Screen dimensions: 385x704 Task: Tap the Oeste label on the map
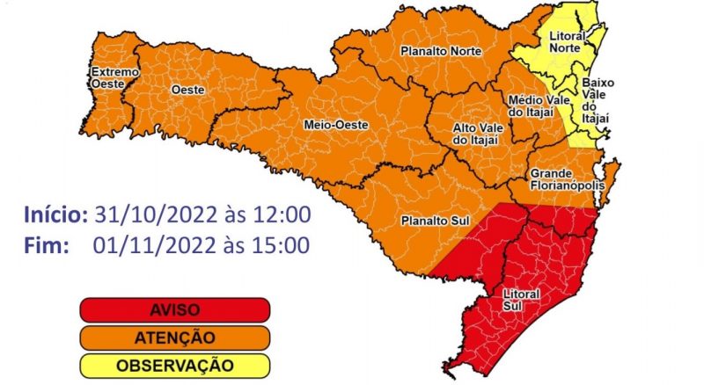187,90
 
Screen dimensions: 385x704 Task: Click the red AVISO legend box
174,310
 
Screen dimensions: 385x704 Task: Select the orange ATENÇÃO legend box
174,337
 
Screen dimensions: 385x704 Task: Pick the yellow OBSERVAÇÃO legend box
174,364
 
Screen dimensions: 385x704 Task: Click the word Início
55,215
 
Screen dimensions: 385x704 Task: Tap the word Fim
48,245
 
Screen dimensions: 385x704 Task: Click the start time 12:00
279,215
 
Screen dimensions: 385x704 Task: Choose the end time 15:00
279,245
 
